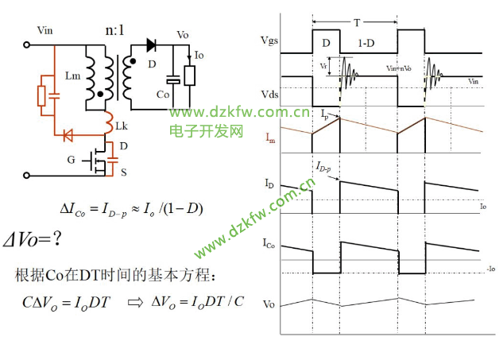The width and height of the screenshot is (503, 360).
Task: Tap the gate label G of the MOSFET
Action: [71, 161]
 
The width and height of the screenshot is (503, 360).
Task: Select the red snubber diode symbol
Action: [69, 133]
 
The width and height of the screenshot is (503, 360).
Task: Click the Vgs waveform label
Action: [269, 40]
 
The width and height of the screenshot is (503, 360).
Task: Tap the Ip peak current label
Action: [326, 115]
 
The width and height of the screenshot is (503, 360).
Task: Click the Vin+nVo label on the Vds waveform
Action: [399, 70]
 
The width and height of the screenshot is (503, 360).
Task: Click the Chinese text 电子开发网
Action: [206, 130]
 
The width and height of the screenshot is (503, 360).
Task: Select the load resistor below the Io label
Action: [190, 76]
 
